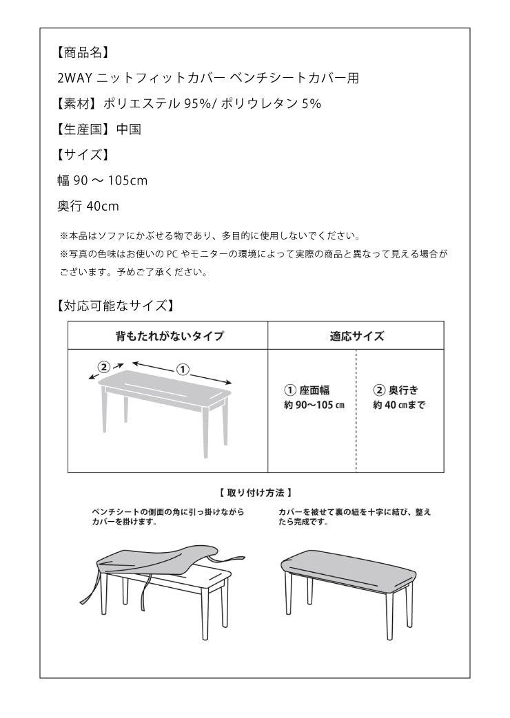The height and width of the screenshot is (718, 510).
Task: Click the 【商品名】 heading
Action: [82, 52]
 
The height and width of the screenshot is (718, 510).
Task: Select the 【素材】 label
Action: [77, 103]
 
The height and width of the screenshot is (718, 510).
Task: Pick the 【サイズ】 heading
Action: [82, 154]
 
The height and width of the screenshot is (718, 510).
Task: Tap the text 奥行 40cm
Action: [88, 205]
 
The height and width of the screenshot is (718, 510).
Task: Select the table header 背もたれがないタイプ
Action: [168, 336]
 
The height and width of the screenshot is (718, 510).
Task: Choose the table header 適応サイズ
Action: [356, 336]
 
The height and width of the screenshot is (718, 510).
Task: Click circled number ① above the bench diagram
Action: [183, 369]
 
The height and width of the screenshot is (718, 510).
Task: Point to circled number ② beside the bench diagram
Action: [104, 366]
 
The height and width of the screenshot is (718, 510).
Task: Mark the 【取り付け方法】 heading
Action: [256, 492]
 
